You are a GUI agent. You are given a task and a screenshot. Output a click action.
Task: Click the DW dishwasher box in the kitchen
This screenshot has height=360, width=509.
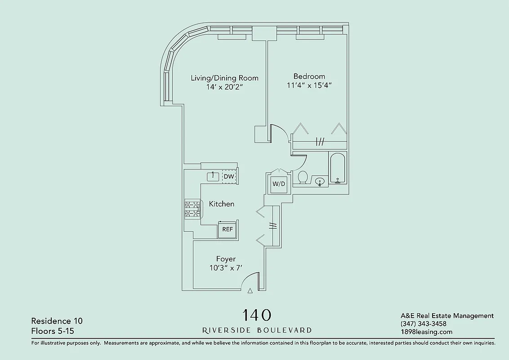229,176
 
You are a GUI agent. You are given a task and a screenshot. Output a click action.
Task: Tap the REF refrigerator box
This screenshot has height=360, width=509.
228,229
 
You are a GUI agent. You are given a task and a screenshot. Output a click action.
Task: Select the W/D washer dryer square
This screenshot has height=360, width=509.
279,184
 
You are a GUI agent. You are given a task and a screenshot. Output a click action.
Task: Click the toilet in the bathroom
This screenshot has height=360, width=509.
303,177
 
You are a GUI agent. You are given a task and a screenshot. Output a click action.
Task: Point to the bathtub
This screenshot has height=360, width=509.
337,168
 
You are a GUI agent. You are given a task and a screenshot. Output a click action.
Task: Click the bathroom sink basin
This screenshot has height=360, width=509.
320,182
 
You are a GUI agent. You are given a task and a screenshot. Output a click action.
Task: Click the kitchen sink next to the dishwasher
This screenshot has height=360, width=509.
213,176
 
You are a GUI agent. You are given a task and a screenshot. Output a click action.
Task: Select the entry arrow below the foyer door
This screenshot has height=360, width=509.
250,291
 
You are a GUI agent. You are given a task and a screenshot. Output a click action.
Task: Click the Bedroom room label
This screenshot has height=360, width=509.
309,76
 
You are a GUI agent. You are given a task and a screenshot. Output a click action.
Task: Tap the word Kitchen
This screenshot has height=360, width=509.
222,204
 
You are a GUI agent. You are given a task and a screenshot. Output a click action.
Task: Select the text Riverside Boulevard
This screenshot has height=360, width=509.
257,330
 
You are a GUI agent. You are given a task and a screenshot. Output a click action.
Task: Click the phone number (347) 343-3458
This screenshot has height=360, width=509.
423,324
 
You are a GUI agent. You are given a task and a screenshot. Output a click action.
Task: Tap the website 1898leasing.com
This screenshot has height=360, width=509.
426,332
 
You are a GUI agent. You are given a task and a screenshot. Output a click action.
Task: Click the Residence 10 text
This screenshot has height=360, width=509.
57,321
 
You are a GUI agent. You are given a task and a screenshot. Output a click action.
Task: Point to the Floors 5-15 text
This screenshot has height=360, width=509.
52,331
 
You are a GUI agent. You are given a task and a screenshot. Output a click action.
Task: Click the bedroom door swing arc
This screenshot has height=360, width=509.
281,131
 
